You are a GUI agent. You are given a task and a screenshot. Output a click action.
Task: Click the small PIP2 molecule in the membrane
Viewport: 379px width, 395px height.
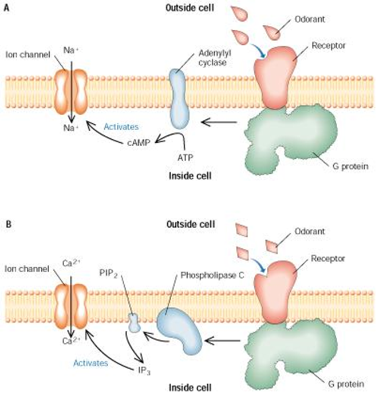tap(133, 323)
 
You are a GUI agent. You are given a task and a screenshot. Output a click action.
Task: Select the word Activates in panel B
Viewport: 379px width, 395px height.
tap(90, 363)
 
